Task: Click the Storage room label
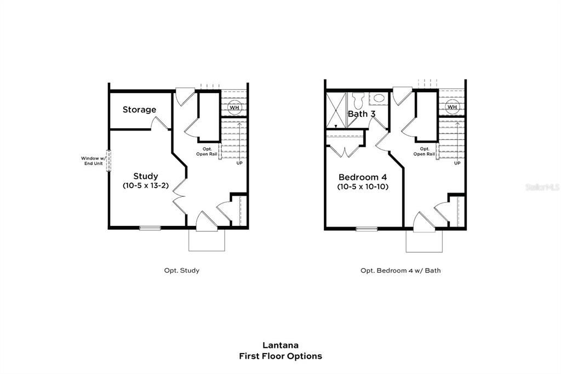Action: (x=139, y=110)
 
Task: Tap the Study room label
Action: (x=146, y=176)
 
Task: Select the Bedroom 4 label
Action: (x=363, y=177)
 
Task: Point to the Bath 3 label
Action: (x=362, y=114)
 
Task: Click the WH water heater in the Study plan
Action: (x=234, y=107)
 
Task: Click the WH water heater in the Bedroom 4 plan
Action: (x=452, y=107)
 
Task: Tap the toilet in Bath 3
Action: (x=359, y=101)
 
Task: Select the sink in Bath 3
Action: (x=379, y=99)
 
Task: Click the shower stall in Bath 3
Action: (x=335, y=111)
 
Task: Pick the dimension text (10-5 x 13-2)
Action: (x=146, y=186)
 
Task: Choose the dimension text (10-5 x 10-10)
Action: (x=363, y=187)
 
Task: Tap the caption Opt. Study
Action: (x=181, y=270)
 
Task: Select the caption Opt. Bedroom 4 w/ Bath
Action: (x=400, y=270)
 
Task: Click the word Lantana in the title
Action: (x=280, y=345)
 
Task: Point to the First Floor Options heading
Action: (x=280, y=356)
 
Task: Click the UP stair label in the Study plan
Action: (x=239, y=163)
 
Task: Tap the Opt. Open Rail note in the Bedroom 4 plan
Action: (x=424, y=151)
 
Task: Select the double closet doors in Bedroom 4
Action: (x=344, y=151)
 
